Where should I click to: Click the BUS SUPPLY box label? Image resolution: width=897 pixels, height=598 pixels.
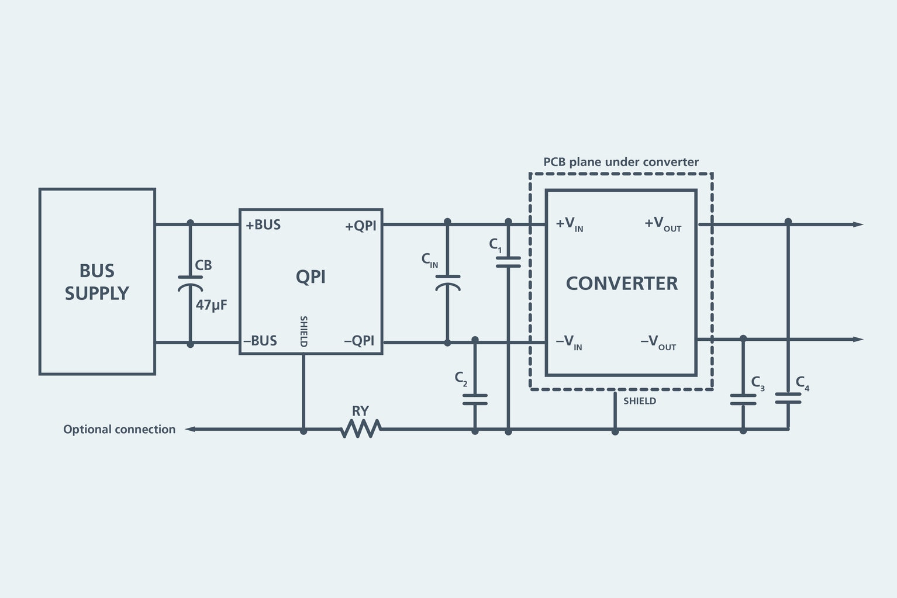[97, 282]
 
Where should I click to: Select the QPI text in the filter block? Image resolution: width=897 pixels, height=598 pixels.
[310, 276]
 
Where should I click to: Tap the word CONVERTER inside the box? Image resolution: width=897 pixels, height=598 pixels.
[622, 284]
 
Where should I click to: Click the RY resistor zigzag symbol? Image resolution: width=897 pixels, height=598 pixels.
[361, 429]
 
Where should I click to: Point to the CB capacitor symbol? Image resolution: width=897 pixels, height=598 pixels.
[190, 283]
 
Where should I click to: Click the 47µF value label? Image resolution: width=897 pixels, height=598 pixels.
[211, 305]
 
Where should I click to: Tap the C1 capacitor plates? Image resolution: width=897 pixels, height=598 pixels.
[508, 262]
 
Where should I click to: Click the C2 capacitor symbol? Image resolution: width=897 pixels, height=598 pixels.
[475, 400]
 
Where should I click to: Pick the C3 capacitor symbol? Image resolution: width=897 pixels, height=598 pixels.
[743, 400]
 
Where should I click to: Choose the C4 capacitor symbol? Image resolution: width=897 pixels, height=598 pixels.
[788, 398]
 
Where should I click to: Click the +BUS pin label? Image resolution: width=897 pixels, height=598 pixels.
[263, 225]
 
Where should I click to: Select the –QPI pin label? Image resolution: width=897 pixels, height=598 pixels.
[359, 341]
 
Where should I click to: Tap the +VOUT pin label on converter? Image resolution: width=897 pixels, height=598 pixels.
[663, 224]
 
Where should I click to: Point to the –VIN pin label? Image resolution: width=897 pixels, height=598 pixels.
[568, 342]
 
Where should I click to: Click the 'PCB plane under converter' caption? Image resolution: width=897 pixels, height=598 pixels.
[620, 162]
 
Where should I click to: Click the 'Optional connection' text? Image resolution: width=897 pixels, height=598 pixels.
[119, 430]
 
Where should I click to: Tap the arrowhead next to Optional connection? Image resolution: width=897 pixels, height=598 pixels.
[190, 429]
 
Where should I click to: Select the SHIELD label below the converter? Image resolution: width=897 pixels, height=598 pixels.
[639, 401]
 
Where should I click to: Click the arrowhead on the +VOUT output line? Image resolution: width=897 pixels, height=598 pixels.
[857, 224]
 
